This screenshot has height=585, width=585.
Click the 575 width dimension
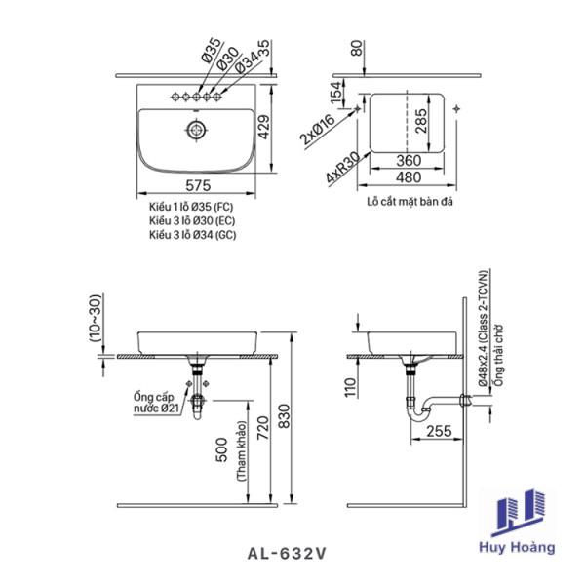(x=198, y=185)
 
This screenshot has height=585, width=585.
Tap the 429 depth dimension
(x=264, y=127)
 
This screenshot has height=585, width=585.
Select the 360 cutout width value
(x=409, y=161)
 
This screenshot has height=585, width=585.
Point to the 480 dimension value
(x=409, y=177)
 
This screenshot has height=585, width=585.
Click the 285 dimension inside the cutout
(x=420, y=121)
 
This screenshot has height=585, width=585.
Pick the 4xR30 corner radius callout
(x=343, y=168)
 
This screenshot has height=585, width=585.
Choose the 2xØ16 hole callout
(x=318, y=130)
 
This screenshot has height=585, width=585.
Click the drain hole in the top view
(x=196, y=130)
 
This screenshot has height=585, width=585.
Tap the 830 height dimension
(x=284, y=416)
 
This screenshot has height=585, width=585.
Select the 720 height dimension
(x=262, y=427)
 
